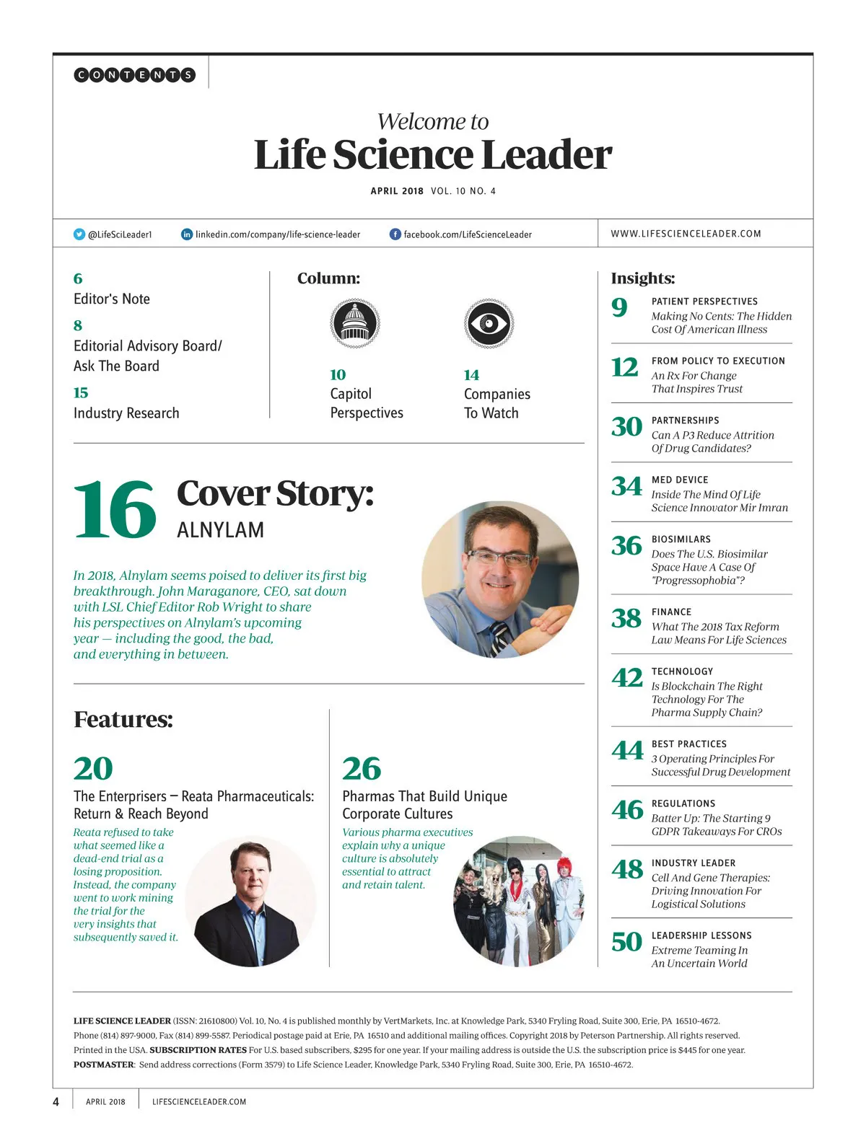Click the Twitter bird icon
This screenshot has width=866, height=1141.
(79, 234)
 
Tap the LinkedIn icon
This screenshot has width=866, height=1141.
(187, 234)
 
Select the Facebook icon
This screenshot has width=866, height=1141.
(395, 234)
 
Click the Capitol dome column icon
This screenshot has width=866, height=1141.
(354, 324)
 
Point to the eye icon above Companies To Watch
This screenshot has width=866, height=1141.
(489, 324)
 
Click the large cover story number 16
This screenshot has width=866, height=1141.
(115, 510)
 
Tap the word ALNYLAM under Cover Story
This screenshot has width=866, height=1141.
(220, 530)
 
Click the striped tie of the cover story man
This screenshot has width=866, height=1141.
(500, 639)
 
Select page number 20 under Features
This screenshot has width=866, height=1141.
(93, 769)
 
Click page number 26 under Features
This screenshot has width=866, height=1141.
(362, 769)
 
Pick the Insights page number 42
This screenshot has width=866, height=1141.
(626, 678)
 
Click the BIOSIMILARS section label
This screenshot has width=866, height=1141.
(681, 539)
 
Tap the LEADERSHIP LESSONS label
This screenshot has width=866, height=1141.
(701, 935)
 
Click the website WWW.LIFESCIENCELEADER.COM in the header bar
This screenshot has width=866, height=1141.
(686, 234)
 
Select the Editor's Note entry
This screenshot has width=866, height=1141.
(112, 299)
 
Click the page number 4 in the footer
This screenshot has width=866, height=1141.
(56, 1101)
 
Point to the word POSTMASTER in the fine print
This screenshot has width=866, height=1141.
(103, 1065)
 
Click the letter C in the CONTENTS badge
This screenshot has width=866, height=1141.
(82, 75)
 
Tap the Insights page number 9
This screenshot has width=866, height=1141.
(620, 308)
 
